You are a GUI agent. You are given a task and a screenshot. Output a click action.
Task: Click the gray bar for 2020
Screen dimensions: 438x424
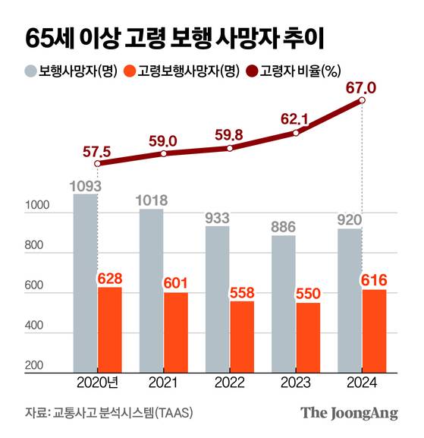pos(86,281)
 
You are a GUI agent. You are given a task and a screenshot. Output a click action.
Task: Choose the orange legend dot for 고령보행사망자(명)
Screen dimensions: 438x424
pos(130,71)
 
